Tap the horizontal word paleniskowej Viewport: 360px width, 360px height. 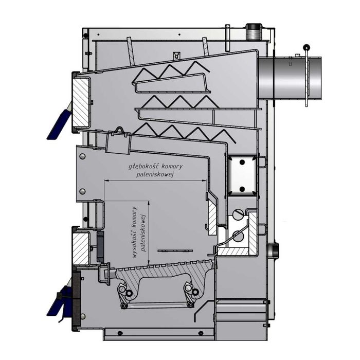156,175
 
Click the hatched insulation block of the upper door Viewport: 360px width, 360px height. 80,103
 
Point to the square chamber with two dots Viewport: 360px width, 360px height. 241,175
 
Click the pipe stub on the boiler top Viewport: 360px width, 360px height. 254,31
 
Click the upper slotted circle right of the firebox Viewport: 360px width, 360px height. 237,213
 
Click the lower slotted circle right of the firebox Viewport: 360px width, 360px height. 237,236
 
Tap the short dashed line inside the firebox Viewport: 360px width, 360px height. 171,250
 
